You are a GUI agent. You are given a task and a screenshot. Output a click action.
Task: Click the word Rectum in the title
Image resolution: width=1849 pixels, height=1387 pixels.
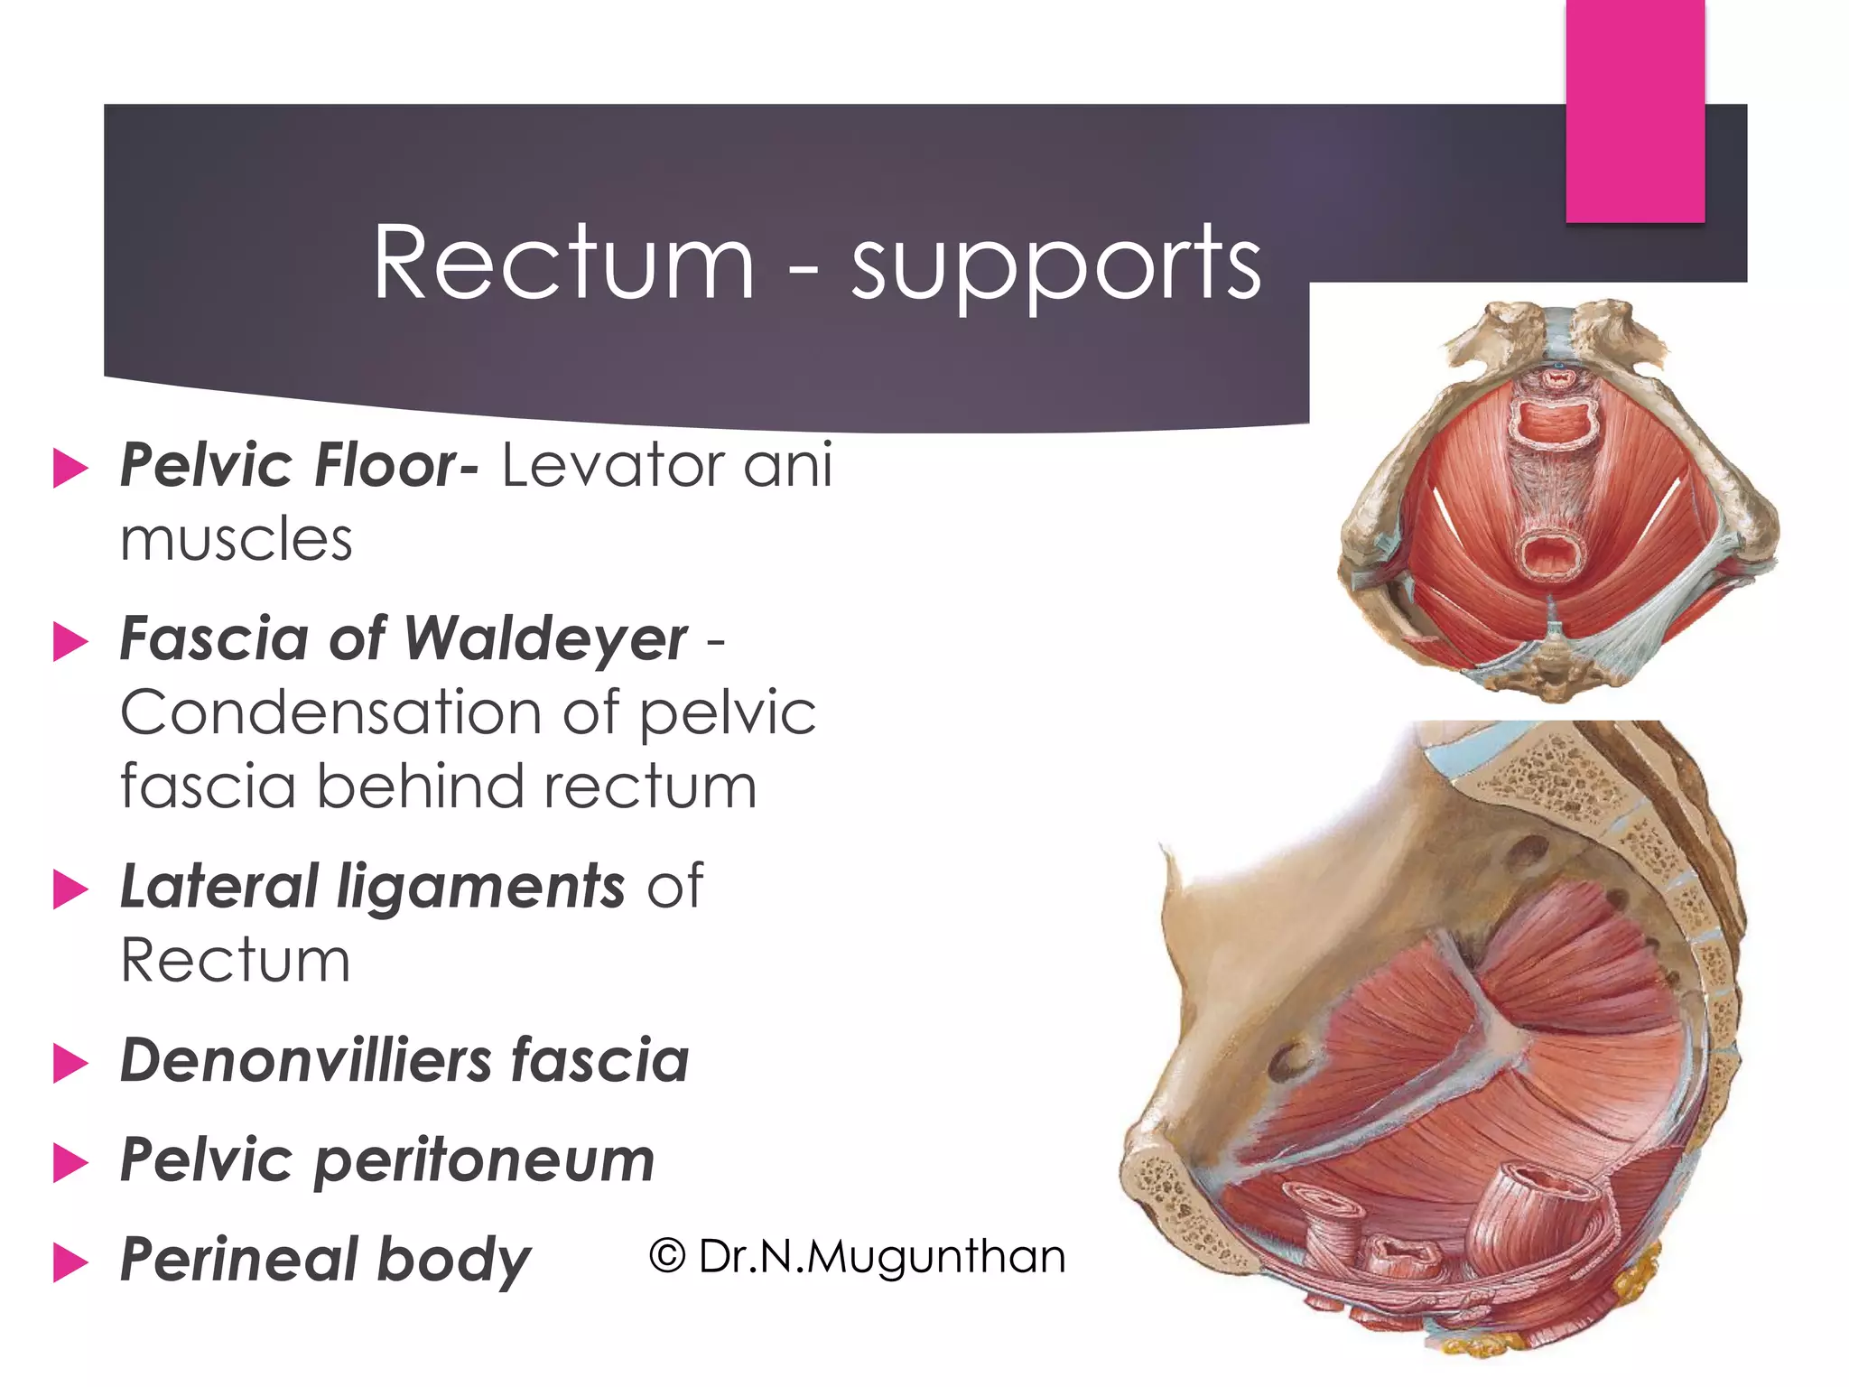tap(563, 264)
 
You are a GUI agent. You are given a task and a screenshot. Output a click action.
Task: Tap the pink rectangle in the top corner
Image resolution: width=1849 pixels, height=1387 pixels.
tap(1634, 110)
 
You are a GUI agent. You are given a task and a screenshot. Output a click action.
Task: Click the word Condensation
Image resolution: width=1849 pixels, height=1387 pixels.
tap(330, 713)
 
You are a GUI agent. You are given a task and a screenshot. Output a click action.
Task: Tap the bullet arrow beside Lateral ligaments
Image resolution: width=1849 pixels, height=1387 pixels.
tap(70, 889)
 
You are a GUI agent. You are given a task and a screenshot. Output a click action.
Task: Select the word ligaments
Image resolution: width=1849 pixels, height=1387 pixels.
tap(480, 888)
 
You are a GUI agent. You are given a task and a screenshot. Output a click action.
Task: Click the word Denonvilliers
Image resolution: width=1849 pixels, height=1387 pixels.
tap(306, 1060)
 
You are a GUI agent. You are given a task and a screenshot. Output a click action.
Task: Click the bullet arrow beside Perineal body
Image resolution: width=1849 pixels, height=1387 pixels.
tap(70, 1261)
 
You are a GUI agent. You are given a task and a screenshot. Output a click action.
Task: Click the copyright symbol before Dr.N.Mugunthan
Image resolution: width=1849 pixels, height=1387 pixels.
tap(667, 1256)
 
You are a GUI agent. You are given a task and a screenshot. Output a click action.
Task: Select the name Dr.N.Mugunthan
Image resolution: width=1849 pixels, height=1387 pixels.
tap(882, 1256)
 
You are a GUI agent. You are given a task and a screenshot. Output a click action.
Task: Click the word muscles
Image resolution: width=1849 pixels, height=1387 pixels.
tap(237, 540)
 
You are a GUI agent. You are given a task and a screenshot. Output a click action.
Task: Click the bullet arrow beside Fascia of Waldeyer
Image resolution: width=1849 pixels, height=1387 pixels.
tap(70, 642)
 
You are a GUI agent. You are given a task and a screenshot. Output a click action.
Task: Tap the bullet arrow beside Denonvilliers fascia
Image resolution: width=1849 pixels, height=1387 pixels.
tap(70, 1063)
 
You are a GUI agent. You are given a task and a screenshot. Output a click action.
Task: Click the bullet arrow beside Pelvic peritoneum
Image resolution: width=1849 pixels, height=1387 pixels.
tap(70, 1162)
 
